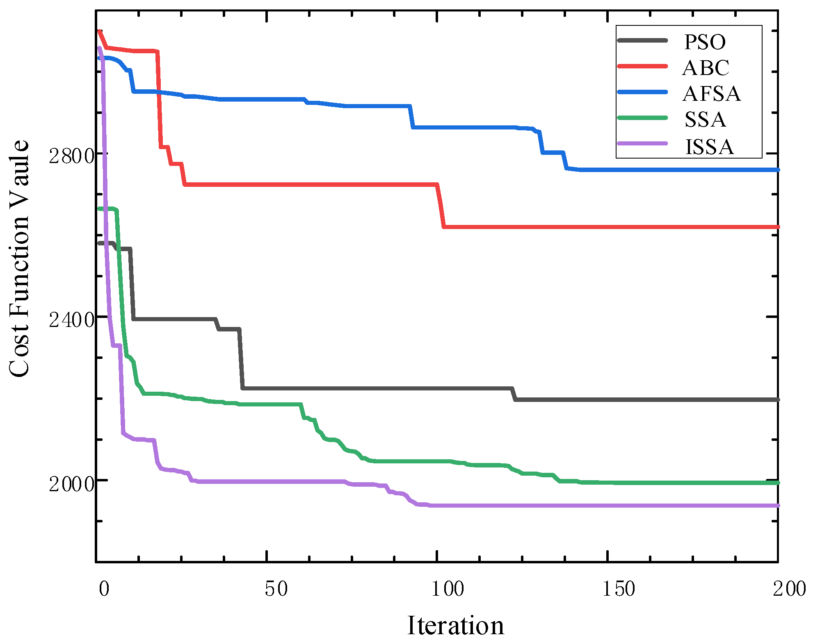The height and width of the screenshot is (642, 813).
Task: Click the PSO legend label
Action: tap(704, 42)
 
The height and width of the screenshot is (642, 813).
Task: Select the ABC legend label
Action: tap(706, 68)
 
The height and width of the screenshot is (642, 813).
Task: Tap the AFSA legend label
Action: tap(711, 93)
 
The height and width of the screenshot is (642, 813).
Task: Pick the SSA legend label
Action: tap(705, 119)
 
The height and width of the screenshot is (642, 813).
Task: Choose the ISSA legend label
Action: tap(709, 146)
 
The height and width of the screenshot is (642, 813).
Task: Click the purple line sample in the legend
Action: tap(642, 143)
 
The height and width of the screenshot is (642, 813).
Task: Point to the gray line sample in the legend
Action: tap(642, 40)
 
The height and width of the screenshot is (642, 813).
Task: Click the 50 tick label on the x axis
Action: tap(276, 589)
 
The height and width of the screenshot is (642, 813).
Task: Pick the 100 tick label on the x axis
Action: tap(448, 589)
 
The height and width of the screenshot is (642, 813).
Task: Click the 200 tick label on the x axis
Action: tap(789, 589)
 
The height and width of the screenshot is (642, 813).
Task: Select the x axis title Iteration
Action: tap(455, 625)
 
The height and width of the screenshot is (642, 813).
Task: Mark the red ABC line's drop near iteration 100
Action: tap(441, 205)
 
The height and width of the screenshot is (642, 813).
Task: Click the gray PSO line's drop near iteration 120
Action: tap(514, 394)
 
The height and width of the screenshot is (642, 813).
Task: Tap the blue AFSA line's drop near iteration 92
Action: tap(411, 117)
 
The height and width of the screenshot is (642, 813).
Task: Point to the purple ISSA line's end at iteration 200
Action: tap(777, 506)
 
